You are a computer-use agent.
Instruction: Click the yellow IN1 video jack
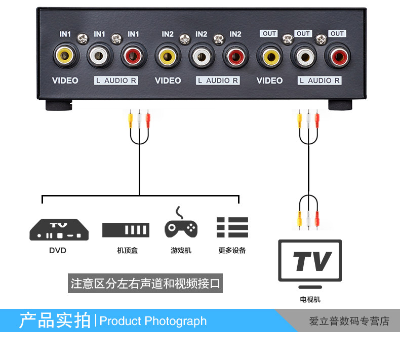coord(65,56)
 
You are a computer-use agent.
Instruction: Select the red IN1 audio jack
coord(133,56)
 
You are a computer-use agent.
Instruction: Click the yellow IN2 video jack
coord(168,56)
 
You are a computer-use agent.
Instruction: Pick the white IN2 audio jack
coord(202,56)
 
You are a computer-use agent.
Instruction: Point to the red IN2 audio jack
coord(235,56)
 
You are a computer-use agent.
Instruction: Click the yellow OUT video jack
coord(269,56)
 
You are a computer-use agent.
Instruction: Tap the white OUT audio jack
coord(303,56)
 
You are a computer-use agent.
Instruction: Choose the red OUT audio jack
coord(337,56)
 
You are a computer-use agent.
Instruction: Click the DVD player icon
coord(59,229)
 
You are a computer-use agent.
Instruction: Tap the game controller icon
coord(181,226)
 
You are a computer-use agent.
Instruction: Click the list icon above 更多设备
coord(232,227)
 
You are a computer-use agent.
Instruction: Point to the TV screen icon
coord(310,261)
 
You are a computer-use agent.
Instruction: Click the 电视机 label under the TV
coord(310,299)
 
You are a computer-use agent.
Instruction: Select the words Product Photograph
coord(153,321)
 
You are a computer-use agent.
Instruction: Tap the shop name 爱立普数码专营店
coord(349,321)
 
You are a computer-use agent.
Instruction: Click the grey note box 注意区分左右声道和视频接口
coord(146,284)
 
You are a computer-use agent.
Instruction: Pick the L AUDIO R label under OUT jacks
coord(319,81)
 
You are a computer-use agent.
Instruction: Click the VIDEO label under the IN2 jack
coord(168,81)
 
